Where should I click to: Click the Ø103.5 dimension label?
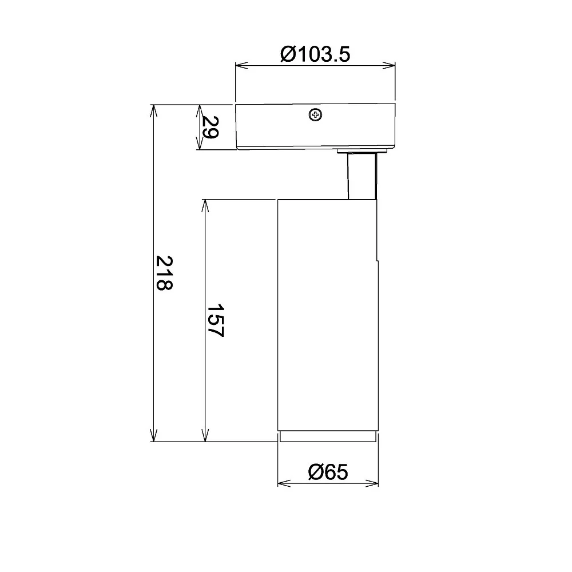tap(315, 54)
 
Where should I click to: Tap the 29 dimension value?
tap(210, 128)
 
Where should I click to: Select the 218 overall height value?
tap(164, 273)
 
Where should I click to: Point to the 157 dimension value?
tap(215, 321)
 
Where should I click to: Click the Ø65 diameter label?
tap(328, 472)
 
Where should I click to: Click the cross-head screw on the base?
tap(316, 116)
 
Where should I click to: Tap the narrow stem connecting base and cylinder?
tap(362, 176)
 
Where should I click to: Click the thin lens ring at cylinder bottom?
tap(328, 436)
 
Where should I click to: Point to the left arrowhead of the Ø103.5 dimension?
tap(241, 66)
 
